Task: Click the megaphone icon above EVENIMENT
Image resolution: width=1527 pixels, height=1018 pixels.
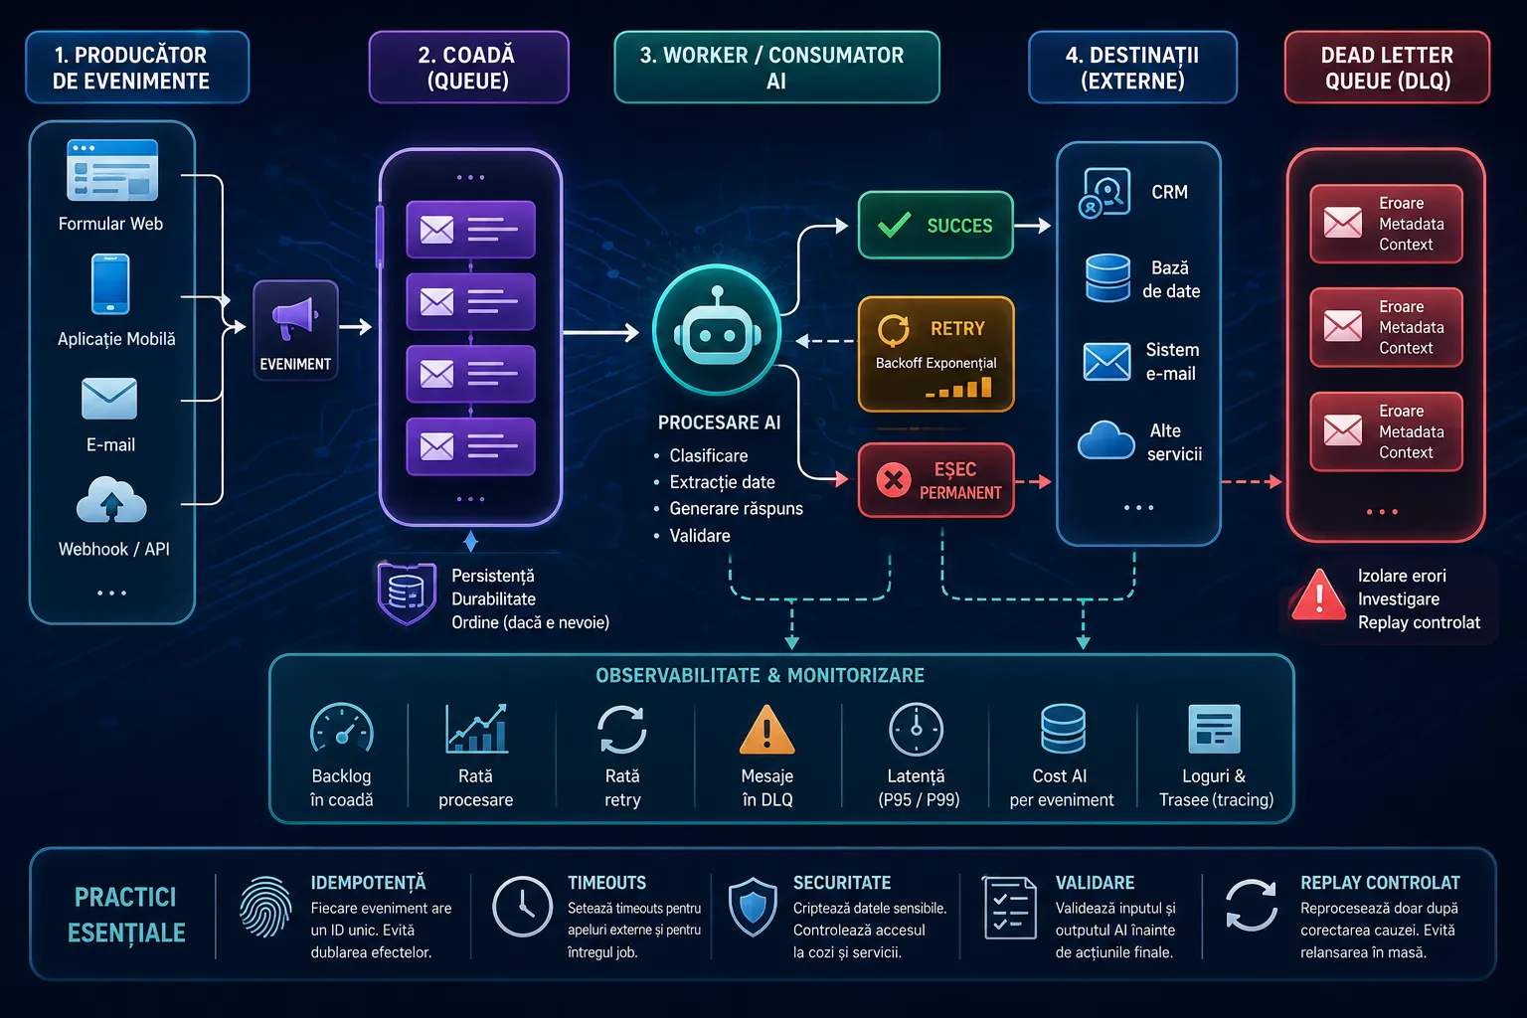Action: (x=295, y=318)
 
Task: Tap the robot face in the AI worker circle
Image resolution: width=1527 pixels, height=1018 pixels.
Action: (x=717, y=329)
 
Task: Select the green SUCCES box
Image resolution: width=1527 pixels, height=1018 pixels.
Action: (x=935, y=225)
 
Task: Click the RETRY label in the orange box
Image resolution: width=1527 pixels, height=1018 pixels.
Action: (x=957, y=329)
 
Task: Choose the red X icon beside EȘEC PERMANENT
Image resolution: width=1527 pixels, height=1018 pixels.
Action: (x=894, y=480)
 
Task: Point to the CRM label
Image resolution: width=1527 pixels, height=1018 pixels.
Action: (x=1169, y=192)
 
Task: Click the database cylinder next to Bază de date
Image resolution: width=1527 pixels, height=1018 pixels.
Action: (x=1107, y=277)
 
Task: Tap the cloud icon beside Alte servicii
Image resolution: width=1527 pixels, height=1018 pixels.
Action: (x=1105, y=439)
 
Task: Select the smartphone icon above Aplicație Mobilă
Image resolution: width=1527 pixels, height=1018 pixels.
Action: (x=110, y=284)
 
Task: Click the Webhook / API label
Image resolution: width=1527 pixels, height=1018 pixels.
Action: (x=114, y=549)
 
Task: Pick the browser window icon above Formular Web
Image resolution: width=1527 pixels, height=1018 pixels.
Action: (x=112, y=170)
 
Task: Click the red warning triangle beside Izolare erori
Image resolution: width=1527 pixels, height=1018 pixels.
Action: (x=1319, y=594)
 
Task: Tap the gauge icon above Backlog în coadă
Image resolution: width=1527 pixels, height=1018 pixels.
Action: (x=342, y=729)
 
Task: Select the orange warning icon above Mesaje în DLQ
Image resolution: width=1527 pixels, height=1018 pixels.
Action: (x=766, y=730)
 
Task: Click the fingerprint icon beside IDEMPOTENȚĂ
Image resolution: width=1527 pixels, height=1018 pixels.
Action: (x=265, y=907)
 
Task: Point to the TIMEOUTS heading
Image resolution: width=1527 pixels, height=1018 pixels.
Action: (x=606, y=883)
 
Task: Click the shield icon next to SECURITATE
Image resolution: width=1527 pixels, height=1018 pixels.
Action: (x=753, y=908)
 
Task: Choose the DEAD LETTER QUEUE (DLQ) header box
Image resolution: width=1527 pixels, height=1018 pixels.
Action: (x=1387, y=67)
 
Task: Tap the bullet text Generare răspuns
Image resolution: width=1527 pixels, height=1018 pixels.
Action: (x=737, y=509)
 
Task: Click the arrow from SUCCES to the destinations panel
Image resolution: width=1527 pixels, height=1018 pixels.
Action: (x=1033, y=225)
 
